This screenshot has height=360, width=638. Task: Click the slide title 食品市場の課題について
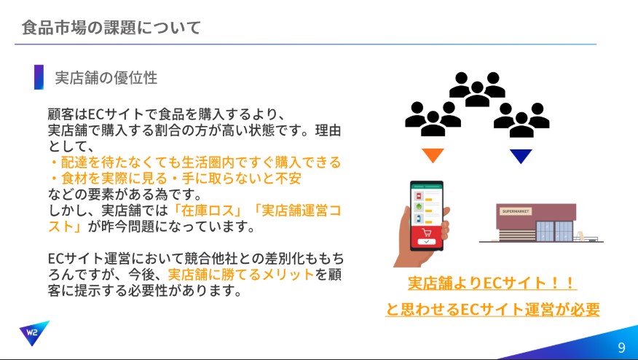coord(111,28)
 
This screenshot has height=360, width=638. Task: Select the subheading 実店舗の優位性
coord(106,77)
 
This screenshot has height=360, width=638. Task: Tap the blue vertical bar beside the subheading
coord(39,77)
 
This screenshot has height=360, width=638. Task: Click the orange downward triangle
coord(433,155)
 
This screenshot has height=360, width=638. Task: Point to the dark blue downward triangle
coord(521,156)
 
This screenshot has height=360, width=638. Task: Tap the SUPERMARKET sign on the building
coord(516,211)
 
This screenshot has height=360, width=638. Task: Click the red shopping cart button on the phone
coord(426,236)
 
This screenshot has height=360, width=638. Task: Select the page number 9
coord(621,347)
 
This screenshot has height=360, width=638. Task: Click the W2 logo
coord(34,332)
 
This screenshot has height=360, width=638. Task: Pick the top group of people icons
coord(477,89)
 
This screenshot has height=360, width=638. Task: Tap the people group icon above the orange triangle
coord(433,119)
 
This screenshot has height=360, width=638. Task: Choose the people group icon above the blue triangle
coord(521,120)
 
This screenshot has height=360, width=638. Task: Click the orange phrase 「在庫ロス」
coord(208,211)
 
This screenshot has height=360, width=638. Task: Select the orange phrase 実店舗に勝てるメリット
coord(241,275)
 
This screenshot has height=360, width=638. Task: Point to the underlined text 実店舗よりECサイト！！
coord(492,283)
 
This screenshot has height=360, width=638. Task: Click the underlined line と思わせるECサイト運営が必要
coord(492,309)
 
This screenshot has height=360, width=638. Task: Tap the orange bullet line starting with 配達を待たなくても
coord(195,163)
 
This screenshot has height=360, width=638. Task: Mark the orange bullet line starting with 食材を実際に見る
coord(175,179)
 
